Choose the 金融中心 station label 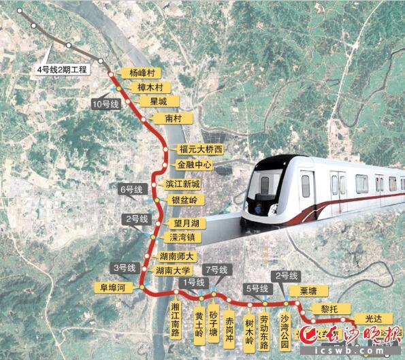195,165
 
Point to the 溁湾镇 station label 181,238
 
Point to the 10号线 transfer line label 105,104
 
